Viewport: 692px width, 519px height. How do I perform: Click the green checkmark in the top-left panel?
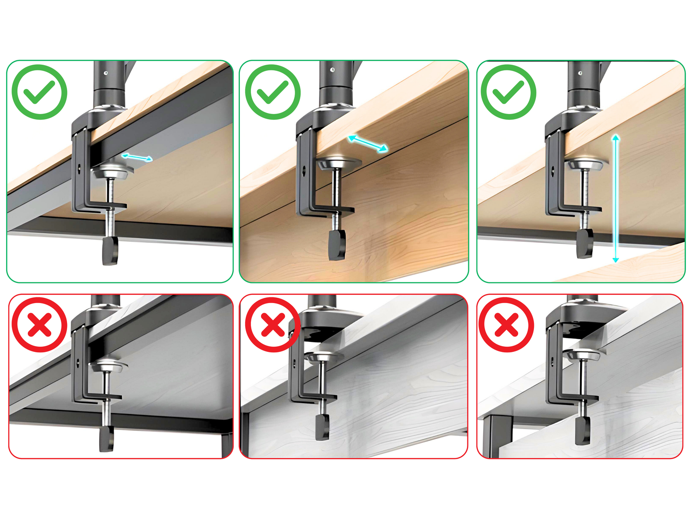point(40,92)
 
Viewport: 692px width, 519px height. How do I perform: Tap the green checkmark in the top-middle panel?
point(273,92)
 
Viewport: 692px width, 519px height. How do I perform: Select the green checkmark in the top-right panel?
point(509,92)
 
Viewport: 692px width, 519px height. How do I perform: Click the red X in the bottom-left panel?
point(40,325)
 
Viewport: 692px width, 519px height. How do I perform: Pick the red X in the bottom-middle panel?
point(273,325)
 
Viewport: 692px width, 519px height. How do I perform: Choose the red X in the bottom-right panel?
point(506,325)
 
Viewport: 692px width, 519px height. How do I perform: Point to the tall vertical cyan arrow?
point(616,199)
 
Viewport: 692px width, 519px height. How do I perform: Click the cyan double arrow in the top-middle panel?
point(368,144)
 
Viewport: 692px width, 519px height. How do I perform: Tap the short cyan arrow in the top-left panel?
point(137,157)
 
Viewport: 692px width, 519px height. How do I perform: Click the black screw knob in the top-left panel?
point(110,250)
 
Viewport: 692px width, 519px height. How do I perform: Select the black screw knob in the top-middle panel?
point(337,244)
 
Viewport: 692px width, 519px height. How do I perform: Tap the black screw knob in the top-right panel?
point(585,243)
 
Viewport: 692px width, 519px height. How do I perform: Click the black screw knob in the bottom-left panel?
point(107,439)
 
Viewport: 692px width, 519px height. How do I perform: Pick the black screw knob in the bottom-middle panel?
point(322,428)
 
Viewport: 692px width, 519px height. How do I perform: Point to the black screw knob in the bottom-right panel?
point(583,430)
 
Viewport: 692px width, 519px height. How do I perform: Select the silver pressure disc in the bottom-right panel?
point(582,355)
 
